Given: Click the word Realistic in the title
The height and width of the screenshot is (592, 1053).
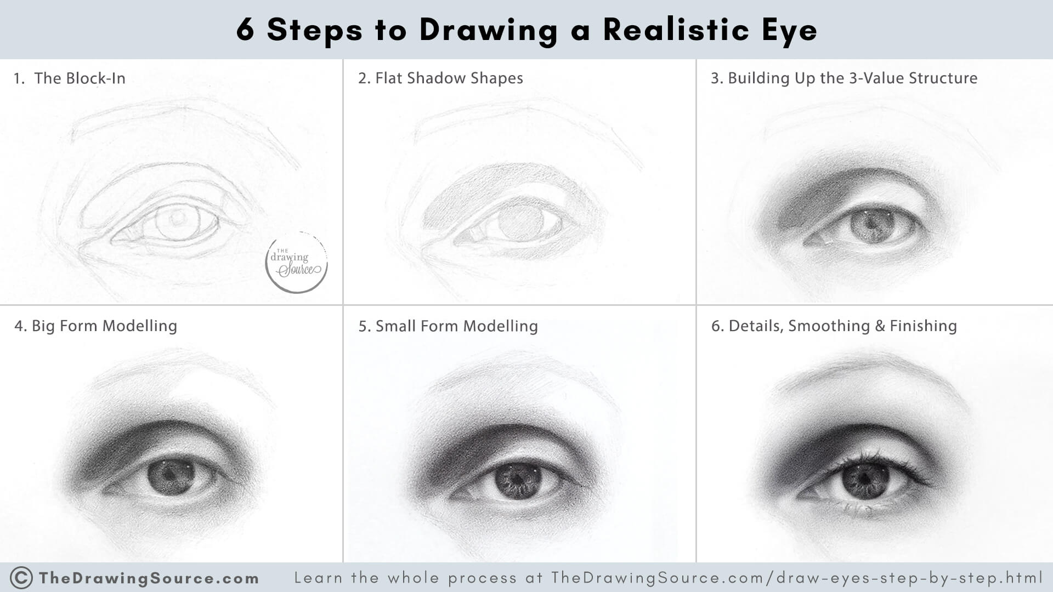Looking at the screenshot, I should (x=676, y=30).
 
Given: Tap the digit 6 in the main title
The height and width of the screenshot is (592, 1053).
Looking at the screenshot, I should (x=245, y=31).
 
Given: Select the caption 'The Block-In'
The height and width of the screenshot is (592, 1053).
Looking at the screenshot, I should (x=80, y=78).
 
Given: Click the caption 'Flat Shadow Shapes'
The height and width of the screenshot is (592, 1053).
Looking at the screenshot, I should (x=449, y=78).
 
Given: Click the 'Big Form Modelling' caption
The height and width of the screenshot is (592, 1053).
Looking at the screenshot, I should (x=104, y=326).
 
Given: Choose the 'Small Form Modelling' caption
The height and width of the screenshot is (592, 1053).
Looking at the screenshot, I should (x=456, y=326).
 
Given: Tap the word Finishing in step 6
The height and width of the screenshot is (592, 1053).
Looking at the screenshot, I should (x=923, y=326).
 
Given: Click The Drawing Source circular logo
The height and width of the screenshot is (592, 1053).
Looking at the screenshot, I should (x=297, y=263).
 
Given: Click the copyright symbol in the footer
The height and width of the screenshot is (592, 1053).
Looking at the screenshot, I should (x=21, y=578).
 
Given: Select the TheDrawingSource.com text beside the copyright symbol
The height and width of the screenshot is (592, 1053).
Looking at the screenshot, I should (x=149, y=578).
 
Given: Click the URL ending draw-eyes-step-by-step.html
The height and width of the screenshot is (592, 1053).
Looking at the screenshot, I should (x=796, y=578).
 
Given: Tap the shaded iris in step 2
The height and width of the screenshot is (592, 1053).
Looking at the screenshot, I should (x=521, y=222).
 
